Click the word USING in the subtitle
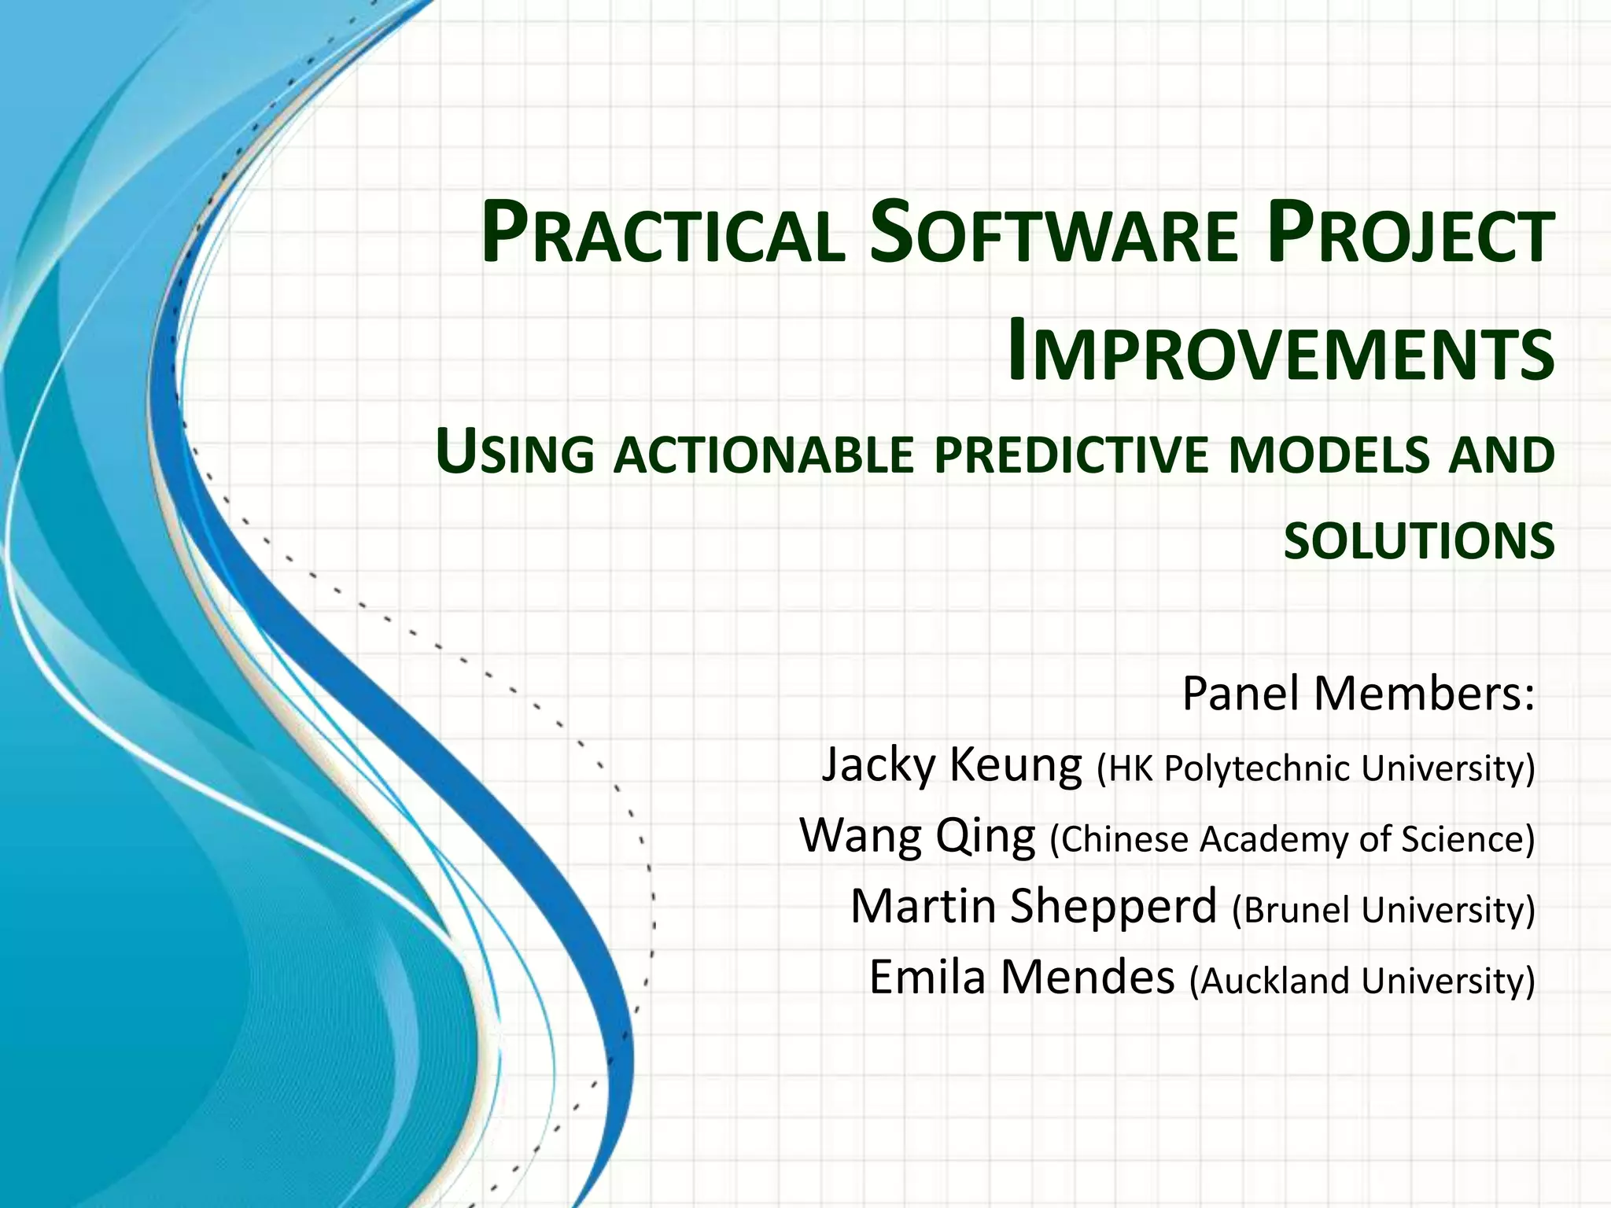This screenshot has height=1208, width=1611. pyautogui.click(x=515, y=455)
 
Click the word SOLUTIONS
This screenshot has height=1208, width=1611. pyautogui.click(x=1419, y=541)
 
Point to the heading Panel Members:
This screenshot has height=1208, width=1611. pyautogui.click(x=1358, y=694)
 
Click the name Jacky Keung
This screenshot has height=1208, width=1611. pyautogui.click(x=952, y=764)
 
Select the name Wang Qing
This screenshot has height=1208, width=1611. pyautogui.click(x=917, y=835)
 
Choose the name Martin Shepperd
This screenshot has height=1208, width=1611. pyautogui.click(x=1034, y=906)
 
